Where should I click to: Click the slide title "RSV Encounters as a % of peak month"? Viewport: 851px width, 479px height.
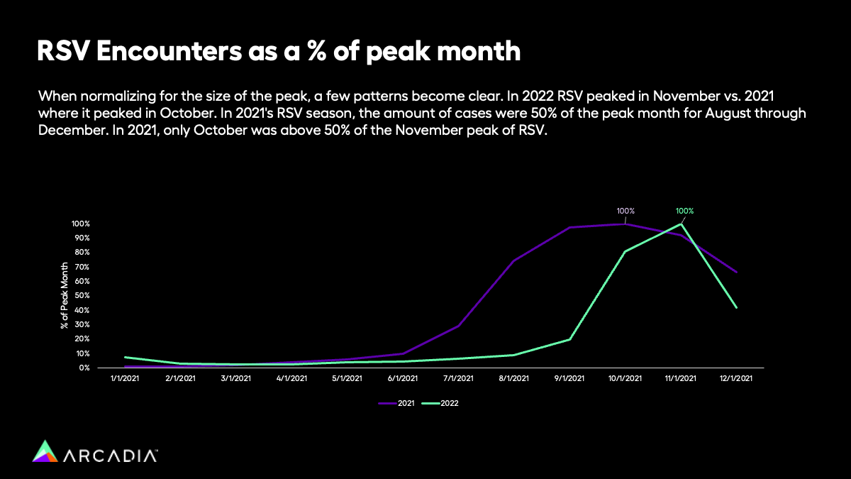[278, 52]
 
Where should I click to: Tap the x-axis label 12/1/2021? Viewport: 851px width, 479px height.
[737, 379]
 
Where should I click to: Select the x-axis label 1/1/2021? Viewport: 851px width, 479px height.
[125, 379]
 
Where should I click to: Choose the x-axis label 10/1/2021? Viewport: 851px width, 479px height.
[625, 379]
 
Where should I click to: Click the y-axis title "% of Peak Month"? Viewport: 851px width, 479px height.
[65, 295]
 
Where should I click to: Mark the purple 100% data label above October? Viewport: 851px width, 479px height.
[625, 211]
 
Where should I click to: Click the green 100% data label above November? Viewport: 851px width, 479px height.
[684, 211]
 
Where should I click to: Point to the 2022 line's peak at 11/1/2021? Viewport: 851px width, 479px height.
[682, 224]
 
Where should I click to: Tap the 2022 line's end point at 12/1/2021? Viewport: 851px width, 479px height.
[737, 307]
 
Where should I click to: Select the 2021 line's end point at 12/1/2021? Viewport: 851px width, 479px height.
[737, 272]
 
